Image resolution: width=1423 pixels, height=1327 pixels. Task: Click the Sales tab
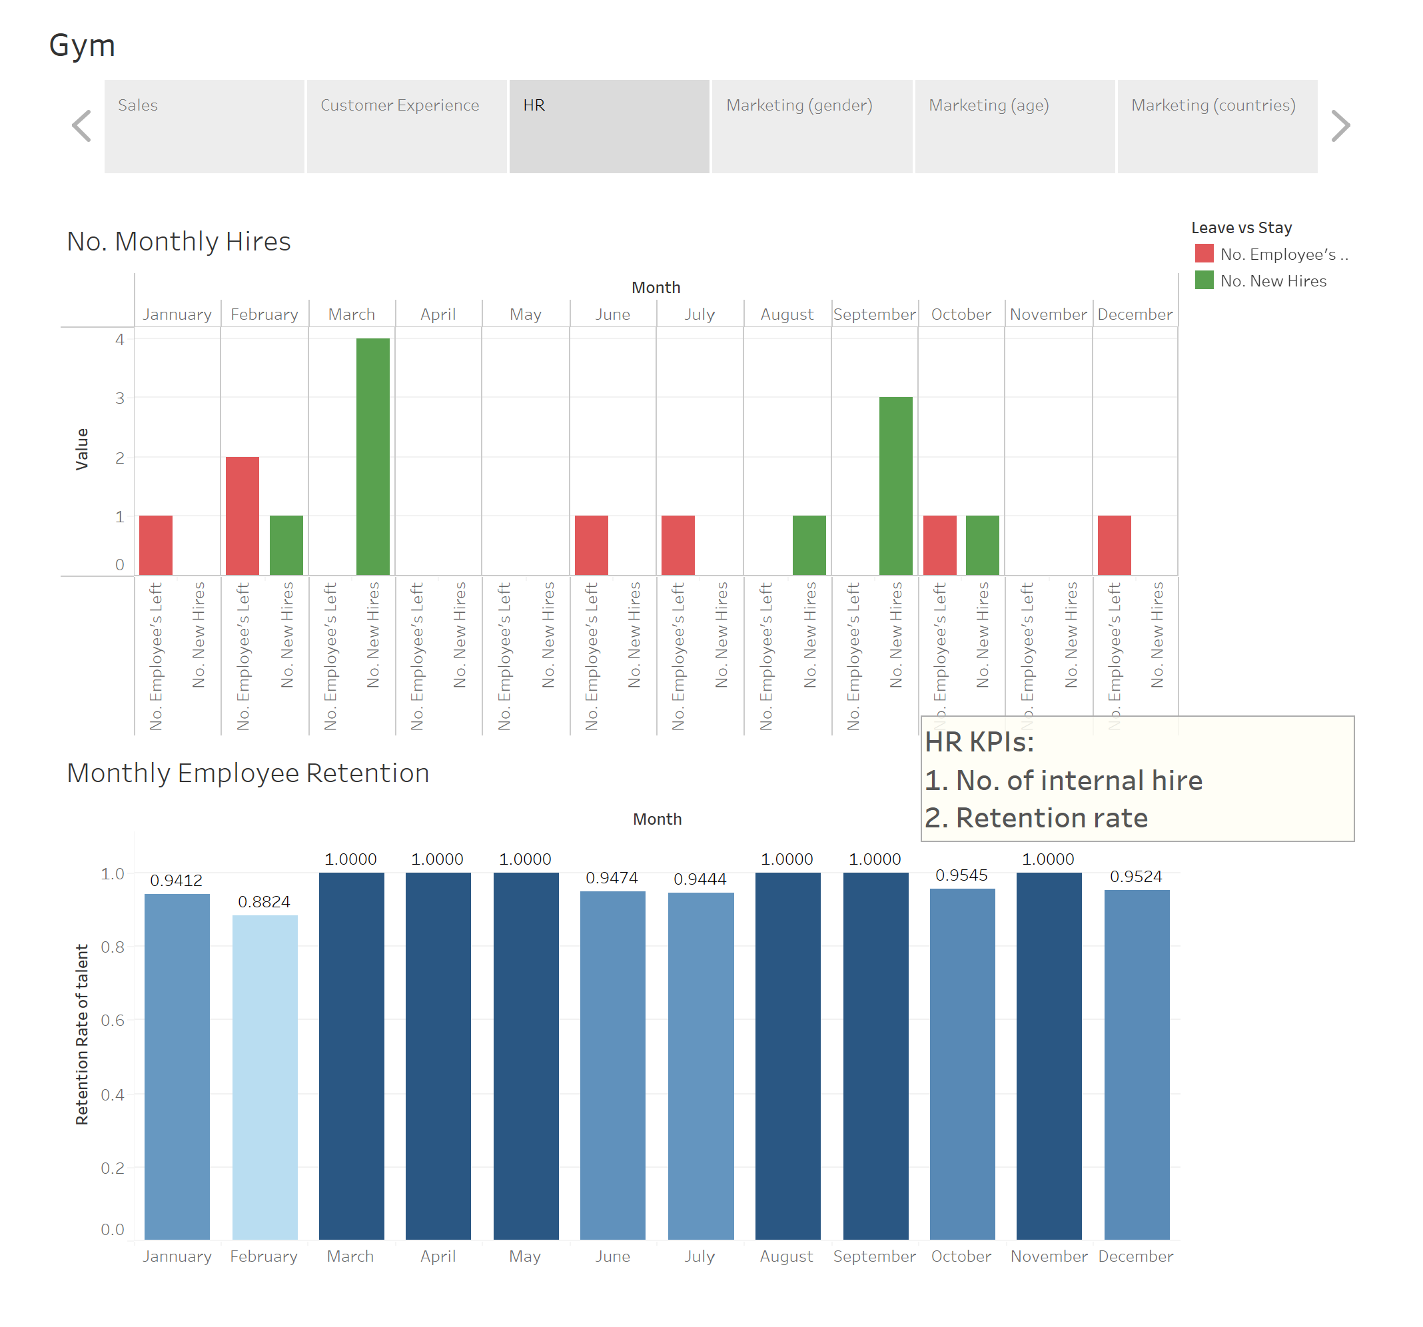(x=204, y=126)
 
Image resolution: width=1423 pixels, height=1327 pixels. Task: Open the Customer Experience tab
(x=406, y=126)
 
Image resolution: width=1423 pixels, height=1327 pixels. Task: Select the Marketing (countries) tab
(x=1217, y=126)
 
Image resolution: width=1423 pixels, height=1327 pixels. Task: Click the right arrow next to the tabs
(x=1340, y=126)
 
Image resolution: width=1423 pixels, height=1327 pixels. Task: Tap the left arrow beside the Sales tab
(x=81, y=126)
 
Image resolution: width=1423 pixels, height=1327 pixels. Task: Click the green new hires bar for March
(x=373, y=456)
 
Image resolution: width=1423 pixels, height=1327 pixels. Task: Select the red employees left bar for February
(x=242, y=516)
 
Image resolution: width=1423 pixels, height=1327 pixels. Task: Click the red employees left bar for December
(x=1114, y=545)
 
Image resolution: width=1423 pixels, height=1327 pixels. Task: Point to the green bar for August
(x=809, y=545)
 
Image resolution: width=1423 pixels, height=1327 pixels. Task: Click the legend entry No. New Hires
(x=1272, y=280)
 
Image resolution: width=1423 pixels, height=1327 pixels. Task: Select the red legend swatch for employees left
(x=1204, y=253)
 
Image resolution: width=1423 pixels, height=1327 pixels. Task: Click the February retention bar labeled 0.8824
(x=265, y=1077)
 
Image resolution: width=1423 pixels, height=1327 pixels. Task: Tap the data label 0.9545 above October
(x=961, y=875)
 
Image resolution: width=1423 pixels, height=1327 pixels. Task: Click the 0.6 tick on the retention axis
(x=113, y=1020)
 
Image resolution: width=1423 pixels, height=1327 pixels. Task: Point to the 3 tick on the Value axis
(x=119, y=397)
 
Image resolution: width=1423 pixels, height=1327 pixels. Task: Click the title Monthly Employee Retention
(x=248, y=773)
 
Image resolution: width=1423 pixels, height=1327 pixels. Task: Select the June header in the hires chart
(x=613, y=314)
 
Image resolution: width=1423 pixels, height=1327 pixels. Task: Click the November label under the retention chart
(x=1049, y=1256)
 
